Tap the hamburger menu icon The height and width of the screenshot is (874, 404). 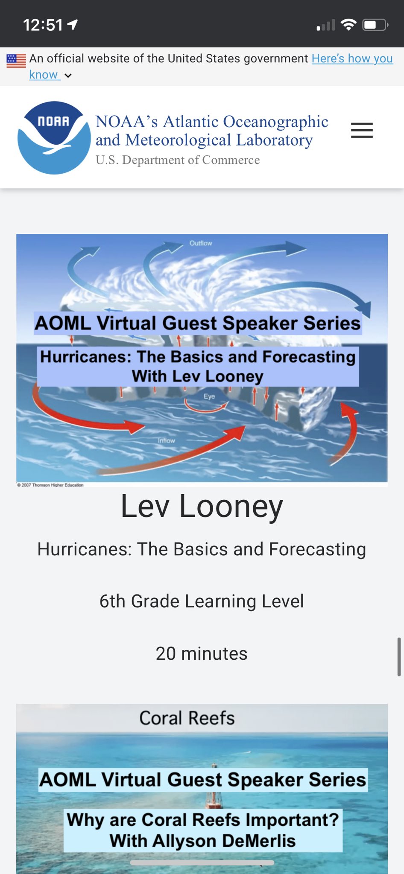[362, 130]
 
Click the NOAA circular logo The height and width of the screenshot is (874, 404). [54, 138]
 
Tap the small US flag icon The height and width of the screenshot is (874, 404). [16, 61]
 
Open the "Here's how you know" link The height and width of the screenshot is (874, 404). [352, 58]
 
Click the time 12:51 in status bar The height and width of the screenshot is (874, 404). [43, 25]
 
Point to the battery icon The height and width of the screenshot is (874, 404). [375, 25]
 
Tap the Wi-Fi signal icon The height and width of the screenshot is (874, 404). [348, 25]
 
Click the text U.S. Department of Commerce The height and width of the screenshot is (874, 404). [177, 160]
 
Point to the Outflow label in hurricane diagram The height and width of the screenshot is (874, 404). [201, 243]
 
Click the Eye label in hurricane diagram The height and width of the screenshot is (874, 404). [209, 396]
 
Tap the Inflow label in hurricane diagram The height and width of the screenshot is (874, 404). [166, 440]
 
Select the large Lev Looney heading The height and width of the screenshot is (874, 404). [202, 506]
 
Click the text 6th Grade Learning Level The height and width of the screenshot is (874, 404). [202, 601]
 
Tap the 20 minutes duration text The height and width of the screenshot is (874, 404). [202, 653]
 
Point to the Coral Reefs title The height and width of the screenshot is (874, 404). [187, 718]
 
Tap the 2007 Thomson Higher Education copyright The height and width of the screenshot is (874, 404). [50, 485]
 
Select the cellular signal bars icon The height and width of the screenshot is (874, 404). [326, 26]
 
